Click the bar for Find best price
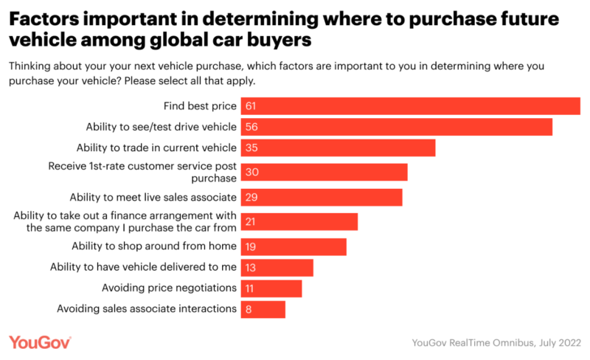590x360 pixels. (x=409, y=106)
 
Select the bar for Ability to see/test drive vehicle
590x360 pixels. (x=395, y=128)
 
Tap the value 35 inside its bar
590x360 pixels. (x=252, y=148)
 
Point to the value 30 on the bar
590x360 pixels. (x=252, y=172)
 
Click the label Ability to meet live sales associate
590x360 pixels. (x=153, y=198)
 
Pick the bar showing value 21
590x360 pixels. (x=298, y=221)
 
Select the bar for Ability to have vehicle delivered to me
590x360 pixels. (x=276, y=267)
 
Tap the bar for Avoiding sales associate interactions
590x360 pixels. (x=262, y=309)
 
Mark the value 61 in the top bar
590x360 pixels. (x=252, y=106)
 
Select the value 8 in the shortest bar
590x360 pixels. (x=249, y=309)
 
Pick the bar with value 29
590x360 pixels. (x=320, y=198)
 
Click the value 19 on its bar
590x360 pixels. (x=252, y=246)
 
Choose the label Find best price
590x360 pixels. (x=199, y=106)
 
